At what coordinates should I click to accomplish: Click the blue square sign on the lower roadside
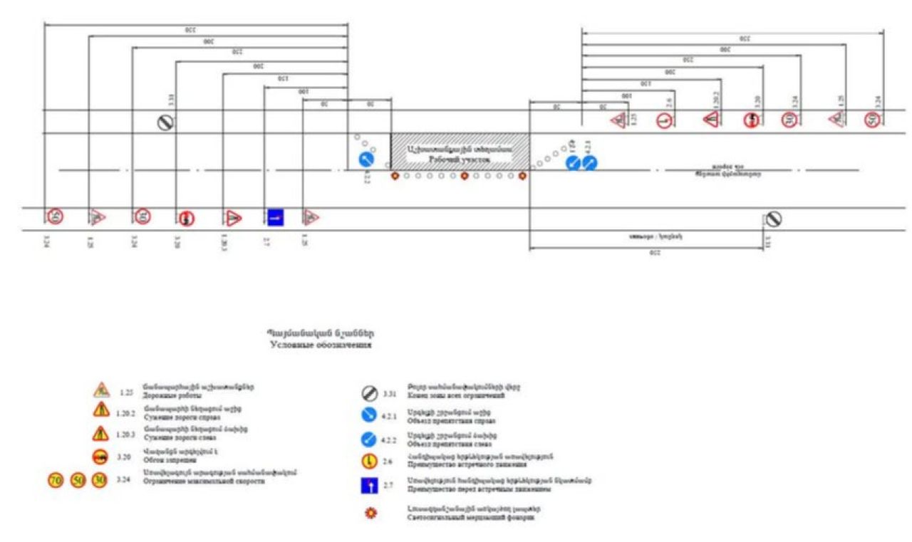[276, 217]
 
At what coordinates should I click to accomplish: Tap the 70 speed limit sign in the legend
[56, 480]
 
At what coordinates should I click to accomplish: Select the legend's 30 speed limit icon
[99, 480]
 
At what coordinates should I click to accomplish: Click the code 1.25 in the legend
[126, 392]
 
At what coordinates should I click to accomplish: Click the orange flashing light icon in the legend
[369, 513]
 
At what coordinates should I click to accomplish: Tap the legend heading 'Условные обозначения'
[321, 345]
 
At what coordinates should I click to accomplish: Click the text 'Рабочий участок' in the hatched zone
[460, 160]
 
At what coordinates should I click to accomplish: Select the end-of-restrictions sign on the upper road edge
[165, 123]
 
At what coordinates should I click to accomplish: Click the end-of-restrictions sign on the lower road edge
[774, 219]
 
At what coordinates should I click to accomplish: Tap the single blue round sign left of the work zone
[366, 159]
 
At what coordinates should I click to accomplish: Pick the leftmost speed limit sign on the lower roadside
[56, 216]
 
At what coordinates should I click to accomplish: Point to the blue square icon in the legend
[369, 486]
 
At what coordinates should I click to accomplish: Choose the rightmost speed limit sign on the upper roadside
[871, 120]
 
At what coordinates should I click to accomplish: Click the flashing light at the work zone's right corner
[523, 176]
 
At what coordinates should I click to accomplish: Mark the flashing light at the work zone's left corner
[395, 176]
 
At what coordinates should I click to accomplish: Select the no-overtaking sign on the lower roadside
[187, 217]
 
